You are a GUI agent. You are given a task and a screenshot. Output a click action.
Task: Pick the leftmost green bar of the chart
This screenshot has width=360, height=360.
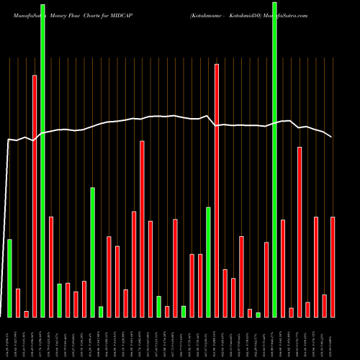pyautogui.click(x=9, y=278)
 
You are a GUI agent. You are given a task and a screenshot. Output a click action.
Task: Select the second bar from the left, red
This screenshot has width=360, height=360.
pyautogui.click(x=18, y=302)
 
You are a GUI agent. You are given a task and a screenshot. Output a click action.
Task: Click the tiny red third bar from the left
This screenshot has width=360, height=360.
pyautogui.click(x=26, y=314)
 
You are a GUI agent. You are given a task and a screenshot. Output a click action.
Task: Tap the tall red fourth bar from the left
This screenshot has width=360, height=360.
pyautogui.click(x=35, y=196)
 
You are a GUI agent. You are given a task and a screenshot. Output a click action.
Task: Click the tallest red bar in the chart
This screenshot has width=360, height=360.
pyautogui.click(x=217, y=190)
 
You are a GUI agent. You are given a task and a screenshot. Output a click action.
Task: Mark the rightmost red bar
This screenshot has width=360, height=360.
pyautogui.click(x=333, y=266)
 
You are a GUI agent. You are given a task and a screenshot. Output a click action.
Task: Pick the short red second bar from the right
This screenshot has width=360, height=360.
pyautogui.click(x=324, y=305)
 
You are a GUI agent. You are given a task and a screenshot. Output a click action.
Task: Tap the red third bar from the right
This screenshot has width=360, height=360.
pyautogui.click(x=316, y=266)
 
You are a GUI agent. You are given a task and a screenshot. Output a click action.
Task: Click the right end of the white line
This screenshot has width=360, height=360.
pyautogui.click(x=332, y=137)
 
